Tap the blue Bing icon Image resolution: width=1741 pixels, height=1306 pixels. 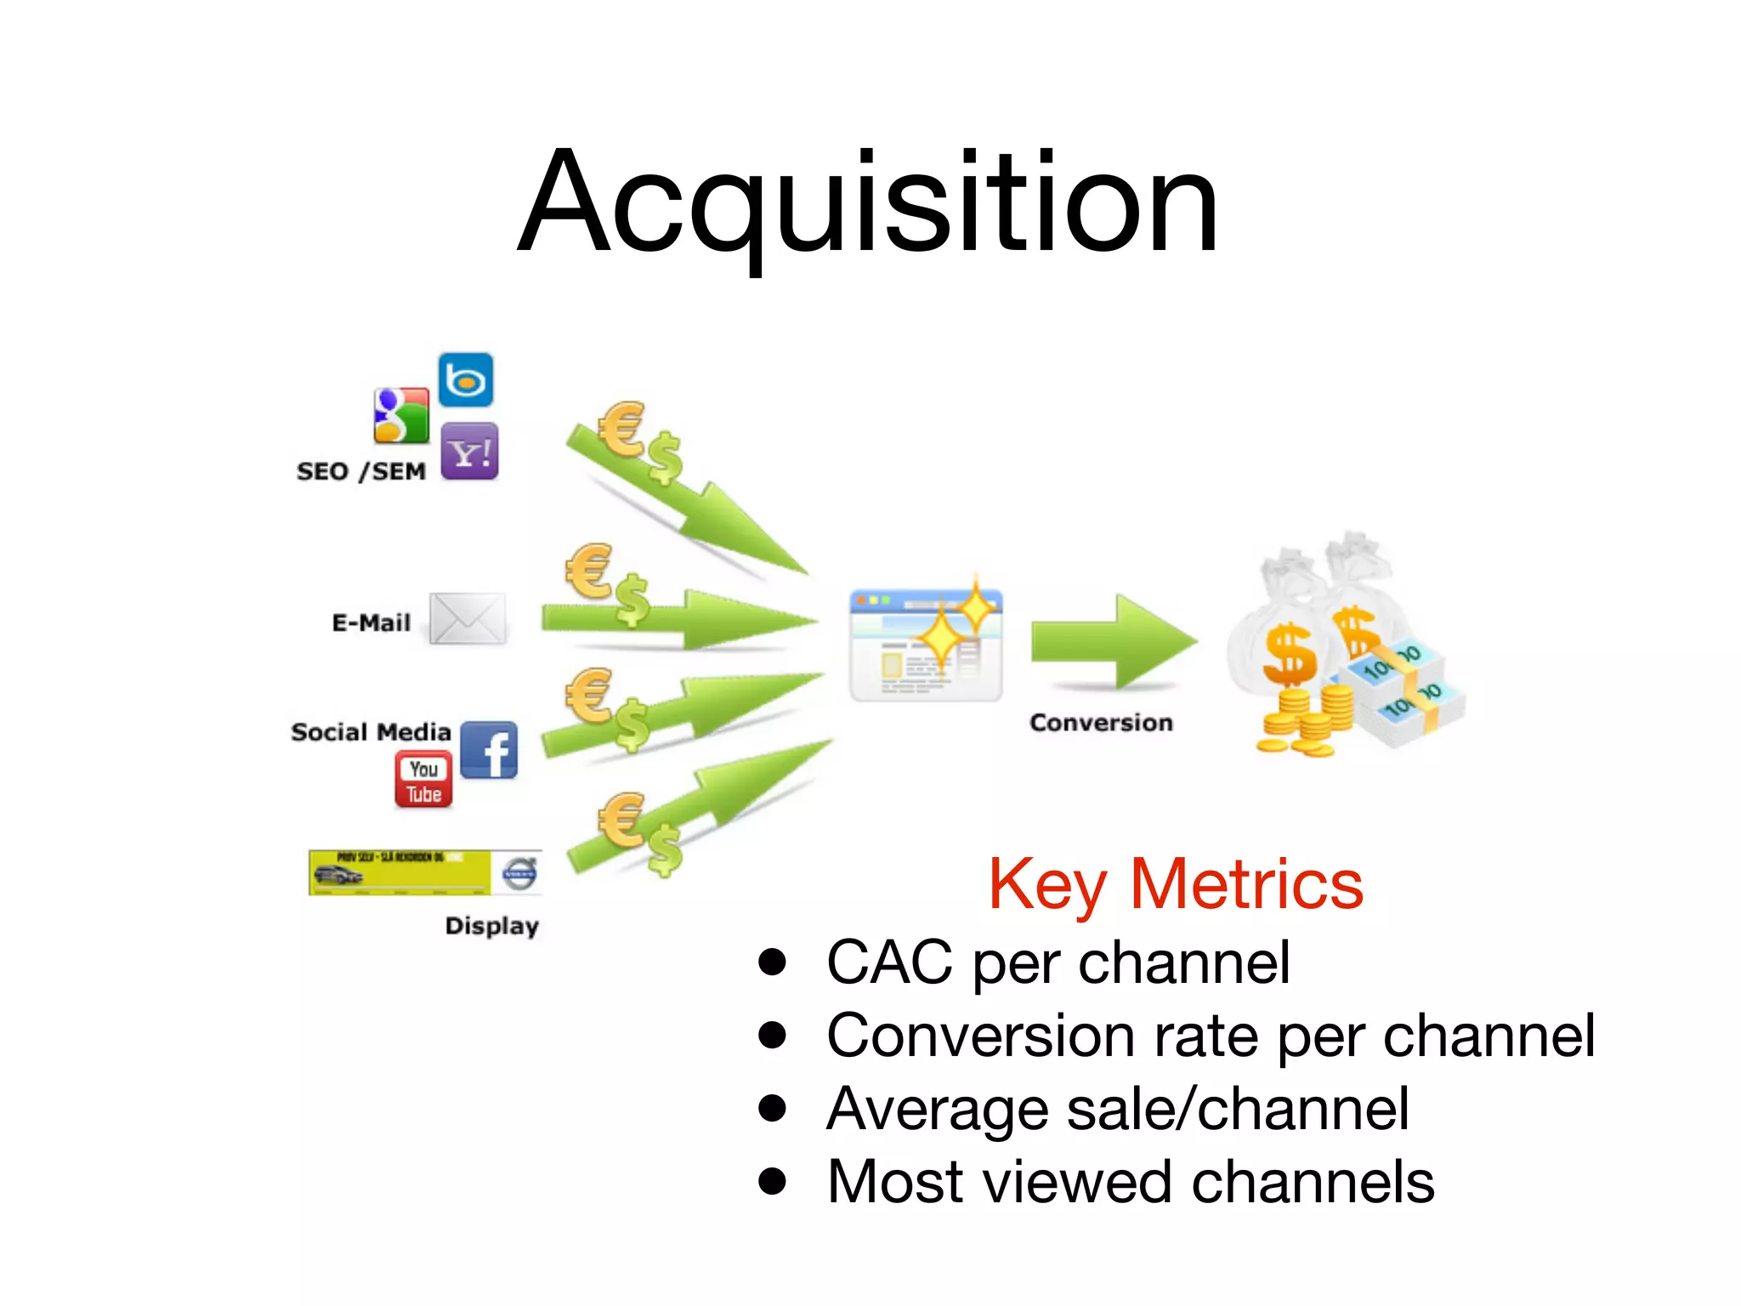(466, 380)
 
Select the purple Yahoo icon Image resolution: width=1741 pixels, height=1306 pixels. (469, 451)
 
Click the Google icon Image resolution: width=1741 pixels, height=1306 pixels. (402, 416)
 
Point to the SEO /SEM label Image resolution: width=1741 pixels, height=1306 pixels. (361, 471)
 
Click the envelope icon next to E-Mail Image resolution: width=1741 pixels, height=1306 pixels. (468, 618)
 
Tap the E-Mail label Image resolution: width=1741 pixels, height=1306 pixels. (371, 623)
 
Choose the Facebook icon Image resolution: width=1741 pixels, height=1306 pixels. (490, 750)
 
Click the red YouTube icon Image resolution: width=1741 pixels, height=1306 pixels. (423, 780)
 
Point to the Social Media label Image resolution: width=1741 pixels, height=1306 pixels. (371, 732)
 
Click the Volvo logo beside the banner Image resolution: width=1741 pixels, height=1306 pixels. (519, 873)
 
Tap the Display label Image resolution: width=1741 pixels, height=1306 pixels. (492, 925)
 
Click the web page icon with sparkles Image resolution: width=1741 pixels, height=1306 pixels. (927, 644)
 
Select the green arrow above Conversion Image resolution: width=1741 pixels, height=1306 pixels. (1114, 641)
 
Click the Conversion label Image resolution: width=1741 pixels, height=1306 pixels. (1101, 723)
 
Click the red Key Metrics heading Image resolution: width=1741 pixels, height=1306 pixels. (1176, 885)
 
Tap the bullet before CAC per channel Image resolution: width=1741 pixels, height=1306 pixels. (773, 962)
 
